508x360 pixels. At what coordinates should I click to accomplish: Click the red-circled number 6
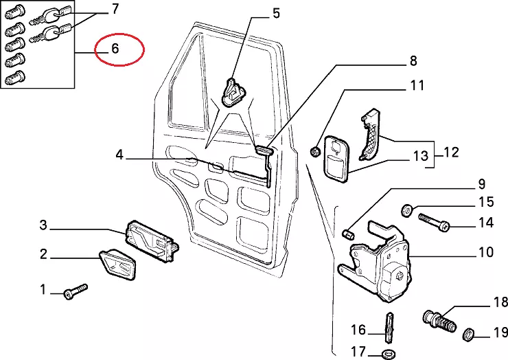[x=115, y=49]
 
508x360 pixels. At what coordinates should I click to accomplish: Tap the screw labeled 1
[x=76, y=291]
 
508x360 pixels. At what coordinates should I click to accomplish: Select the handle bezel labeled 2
[x=117, y=264]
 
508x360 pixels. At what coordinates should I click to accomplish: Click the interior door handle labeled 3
[x=152, y=240]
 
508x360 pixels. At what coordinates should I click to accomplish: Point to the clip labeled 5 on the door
[x=233, y=92]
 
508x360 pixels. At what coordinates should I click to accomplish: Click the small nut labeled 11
[x=314, y=151]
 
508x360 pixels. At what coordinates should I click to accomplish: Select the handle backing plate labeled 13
[x=336, y=159]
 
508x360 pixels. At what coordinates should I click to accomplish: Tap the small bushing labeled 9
[x=348, y=234]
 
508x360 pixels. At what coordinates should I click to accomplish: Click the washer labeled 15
[x=406, y=210]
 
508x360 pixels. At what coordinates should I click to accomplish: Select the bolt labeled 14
[x=434, y=222]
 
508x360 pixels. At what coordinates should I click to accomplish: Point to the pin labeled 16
[x=389, y=327]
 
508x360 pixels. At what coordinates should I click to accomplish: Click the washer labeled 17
[x=388, y=353]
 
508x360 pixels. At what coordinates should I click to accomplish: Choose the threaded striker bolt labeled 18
[x=439, y=320]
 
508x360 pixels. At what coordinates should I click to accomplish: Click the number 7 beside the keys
[x=115, y=9]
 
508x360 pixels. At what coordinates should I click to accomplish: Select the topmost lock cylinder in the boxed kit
[x=15, y=12]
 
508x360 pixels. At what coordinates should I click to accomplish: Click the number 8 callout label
[x=413, y=60]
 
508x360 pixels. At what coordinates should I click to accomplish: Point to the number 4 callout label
[x=119, y=155]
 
